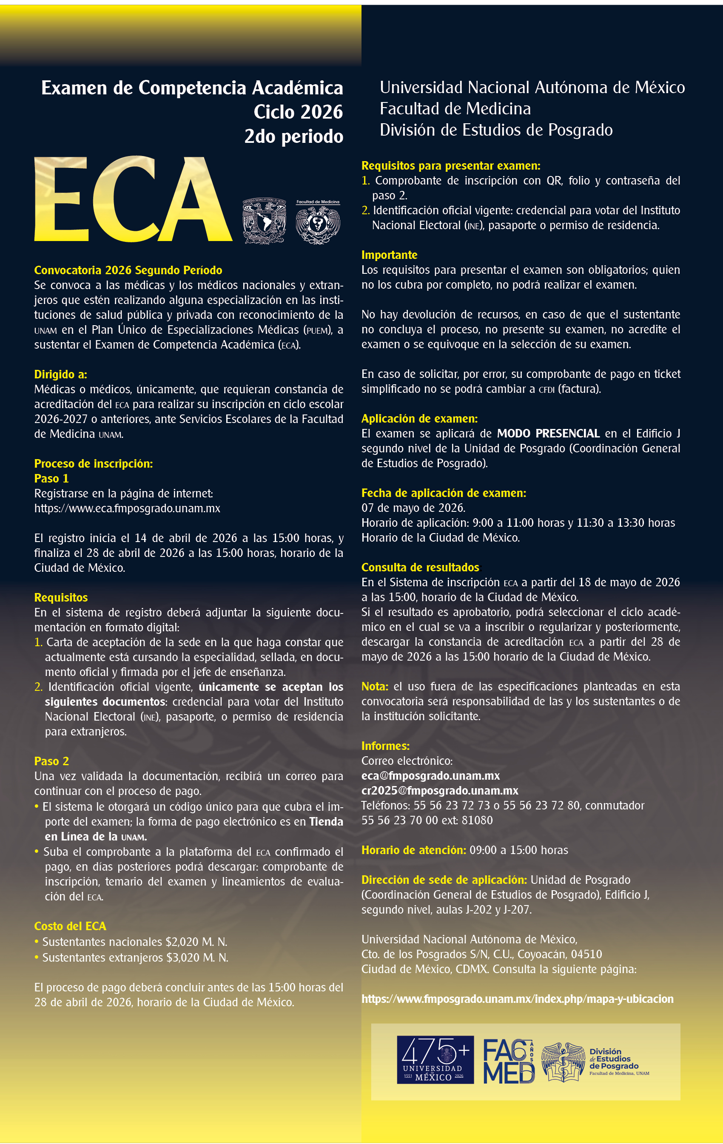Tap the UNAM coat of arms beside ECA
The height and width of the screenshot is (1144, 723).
264,221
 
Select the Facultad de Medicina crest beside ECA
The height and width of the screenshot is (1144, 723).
318,222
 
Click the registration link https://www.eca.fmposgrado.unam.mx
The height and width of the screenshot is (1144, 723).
127,508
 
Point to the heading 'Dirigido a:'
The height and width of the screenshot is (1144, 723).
60,375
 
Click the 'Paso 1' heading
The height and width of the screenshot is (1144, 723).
51,478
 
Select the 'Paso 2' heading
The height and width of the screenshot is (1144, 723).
51,761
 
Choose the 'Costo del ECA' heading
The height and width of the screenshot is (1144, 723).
70,926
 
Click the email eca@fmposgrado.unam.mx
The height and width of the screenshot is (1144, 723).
430,776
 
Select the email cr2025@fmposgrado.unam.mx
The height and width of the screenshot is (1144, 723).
440,791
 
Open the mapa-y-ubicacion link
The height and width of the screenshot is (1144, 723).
517,999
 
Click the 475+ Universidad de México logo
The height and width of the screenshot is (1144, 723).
435,1060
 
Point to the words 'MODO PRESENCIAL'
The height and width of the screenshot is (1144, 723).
548,433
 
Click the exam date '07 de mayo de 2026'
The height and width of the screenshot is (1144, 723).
413,508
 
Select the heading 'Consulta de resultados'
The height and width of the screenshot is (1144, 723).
420,567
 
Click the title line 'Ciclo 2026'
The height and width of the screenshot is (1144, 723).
298,112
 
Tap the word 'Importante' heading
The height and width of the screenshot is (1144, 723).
389,255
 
